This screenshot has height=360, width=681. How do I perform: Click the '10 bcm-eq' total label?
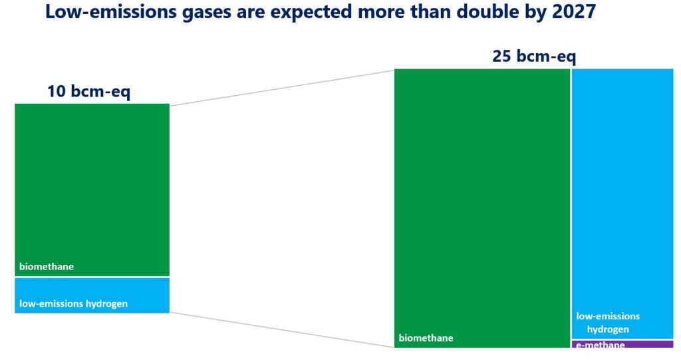88,91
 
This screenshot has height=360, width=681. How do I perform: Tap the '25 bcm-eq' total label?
534,56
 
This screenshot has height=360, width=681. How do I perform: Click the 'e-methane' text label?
601,345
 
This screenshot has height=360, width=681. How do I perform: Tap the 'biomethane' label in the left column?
47,267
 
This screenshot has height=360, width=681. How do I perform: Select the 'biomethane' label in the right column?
426,338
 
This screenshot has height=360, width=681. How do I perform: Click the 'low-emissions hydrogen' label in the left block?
73,304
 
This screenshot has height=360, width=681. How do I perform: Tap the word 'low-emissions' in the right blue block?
608,316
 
